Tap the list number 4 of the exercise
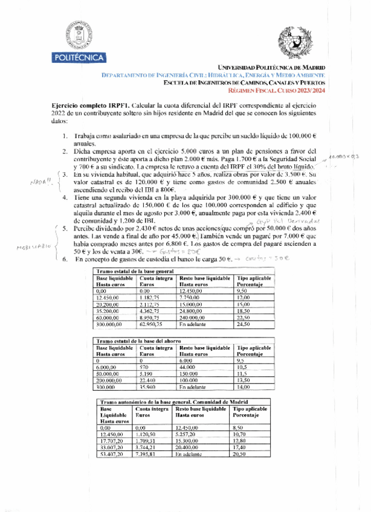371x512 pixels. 65,197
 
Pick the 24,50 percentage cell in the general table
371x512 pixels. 244,324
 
